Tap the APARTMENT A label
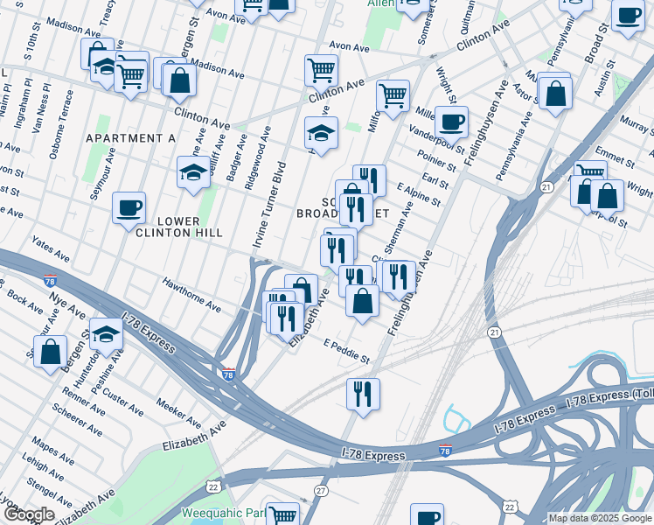[x=130, y=138]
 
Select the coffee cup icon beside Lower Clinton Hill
[x=129, y=209]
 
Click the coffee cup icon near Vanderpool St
[x=451, y=122]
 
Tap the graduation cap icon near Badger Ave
[x=193, y=173]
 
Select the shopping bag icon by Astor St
[x=554, y=92]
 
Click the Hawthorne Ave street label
[x=190, y=294]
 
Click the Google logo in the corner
[x=28, y=514]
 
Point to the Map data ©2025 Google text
[x=600, y=518]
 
